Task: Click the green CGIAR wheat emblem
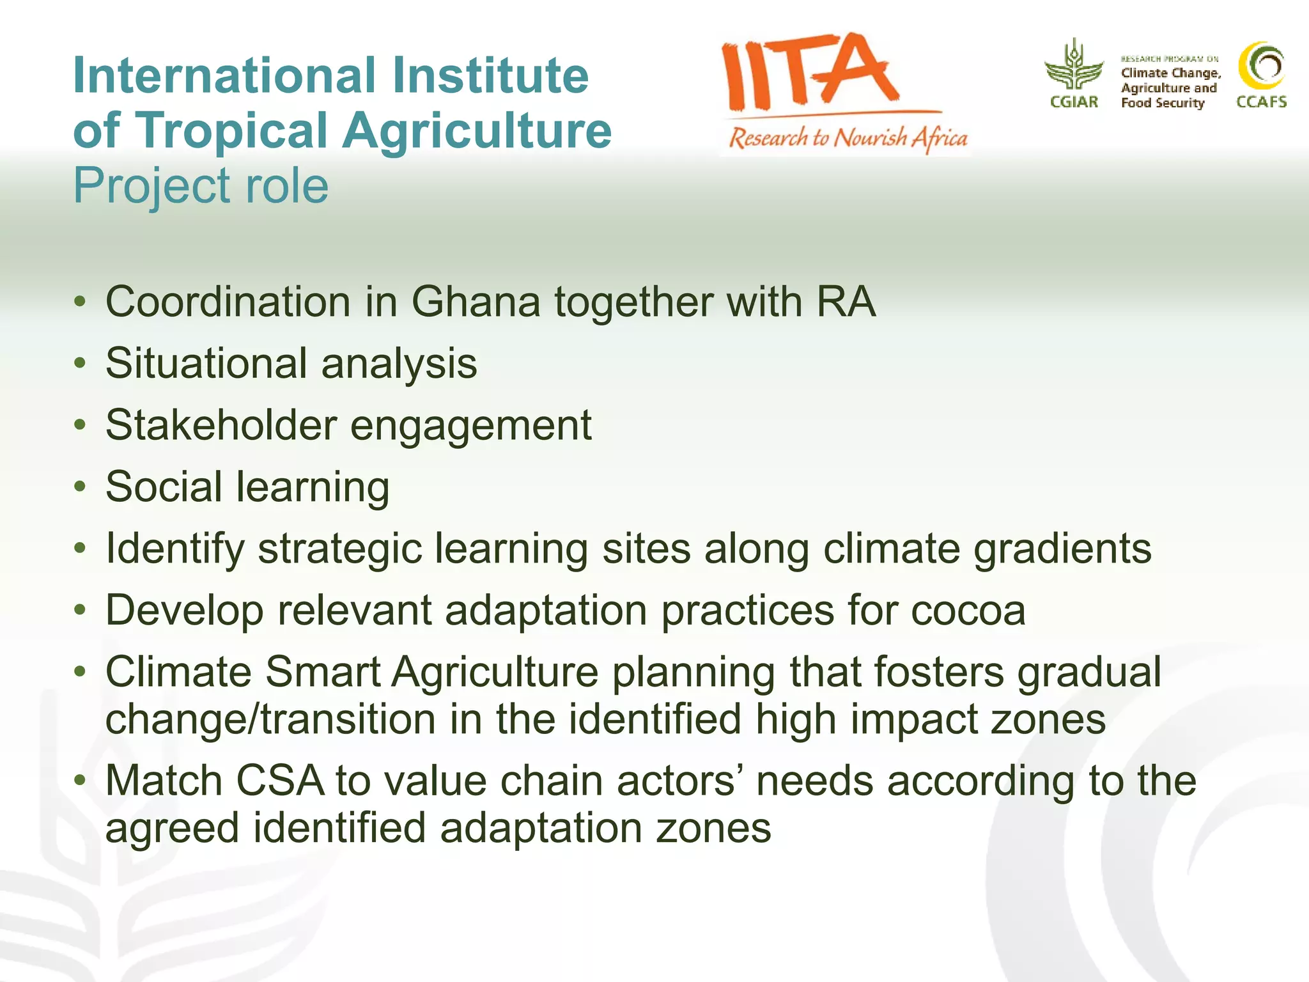(x=1074, y=65)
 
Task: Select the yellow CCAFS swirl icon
(x=1261, y=65)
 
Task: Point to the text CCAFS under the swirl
(x=1261, y=102)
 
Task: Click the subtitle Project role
(x=201, y=186)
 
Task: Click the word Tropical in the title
(x=233, y=131)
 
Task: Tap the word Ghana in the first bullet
(x=476, y=302)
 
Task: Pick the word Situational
(x=206, y=363)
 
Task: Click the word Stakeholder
(x=221, y=425)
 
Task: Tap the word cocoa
(x=968, y=611)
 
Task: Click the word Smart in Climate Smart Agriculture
(x=323, y=673)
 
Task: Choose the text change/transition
(x=270, y=720)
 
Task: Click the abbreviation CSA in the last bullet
(x=280, y=781)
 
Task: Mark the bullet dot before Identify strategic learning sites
(x=80, y=549)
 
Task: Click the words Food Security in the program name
(x=1162, y=103)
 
